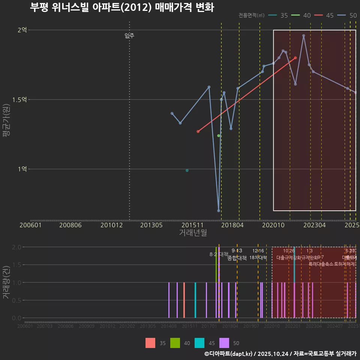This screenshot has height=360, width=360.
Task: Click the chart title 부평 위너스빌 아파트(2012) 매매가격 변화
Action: coord(122,7)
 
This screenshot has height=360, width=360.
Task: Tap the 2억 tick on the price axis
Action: coord(22,30)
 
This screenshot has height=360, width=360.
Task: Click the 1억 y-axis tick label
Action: coord(22,169)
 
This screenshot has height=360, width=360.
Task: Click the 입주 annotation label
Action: coord(129,36)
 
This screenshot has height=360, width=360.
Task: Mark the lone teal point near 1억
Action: coord(187,171)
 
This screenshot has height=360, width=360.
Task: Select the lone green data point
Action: coord(219,136)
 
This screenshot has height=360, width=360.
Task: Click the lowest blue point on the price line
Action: coord(219,211)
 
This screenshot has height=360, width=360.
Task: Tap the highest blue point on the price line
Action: coord(303,36)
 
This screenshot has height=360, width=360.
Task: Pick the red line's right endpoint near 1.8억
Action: coord(295,58)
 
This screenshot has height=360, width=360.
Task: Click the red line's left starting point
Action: coord(198,132)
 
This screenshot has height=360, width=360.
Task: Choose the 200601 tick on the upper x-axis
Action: coord(30,225)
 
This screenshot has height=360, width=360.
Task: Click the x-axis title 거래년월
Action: coord(193,232)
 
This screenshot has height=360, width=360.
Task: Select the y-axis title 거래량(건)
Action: coord(6,282)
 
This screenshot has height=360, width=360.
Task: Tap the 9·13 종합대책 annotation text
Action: coord(237,255)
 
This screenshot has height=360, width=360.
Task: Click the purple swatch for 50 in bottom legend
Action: coord(224,343)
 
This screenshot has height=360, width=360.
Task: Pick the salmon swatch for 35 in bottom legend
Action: coord(150,343)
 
